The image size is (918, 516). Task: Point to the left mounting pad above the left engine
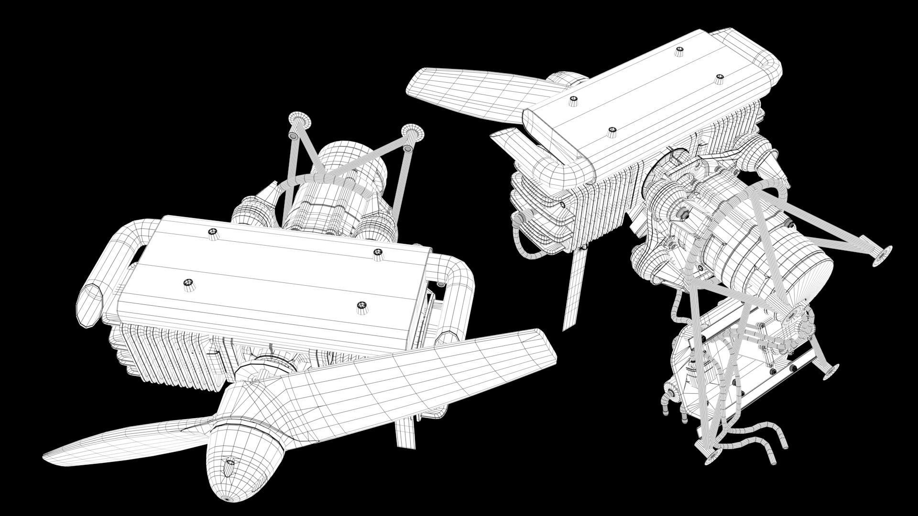coord(300,120)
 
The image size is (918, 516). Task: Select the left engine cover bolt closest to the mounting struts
coord(212,233)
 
